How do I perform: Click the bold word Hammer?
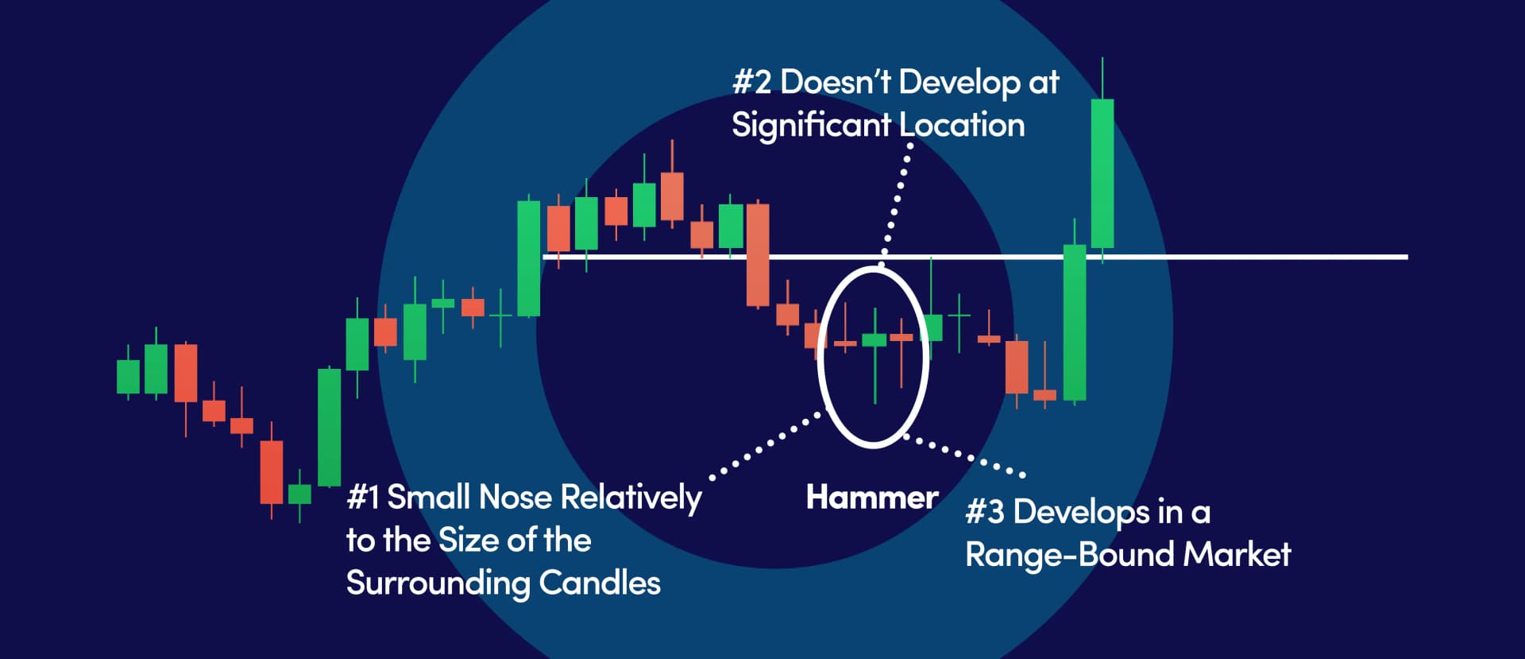point(871,498)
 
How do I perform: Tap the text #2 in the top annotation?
point(751,82)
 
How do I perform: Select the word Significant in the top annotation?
point(811,126)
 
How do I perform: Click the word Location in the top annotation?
point(962,126)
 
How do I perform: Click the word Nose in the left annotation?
point(515,498)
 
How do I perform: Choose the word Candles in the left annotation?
point(600,583)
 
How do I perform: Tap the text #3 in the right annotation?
point(985,513)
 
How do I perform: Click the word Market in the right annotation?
point(1237,555)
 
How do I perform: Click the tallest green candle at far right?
point(1102,173)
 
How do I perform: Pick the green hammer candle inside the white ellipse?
point(874,340)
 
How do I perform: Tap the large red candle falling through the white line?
point(758,255)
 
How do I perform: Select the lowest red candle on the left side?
point(272,472)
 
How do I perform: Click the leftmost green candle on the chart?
point(128,376)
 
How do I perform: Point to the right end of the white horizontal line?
point(1404,257)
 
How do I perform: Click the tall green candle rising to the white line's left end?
point(528,258)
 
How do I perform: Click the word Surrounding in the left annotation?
point(438,583)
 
